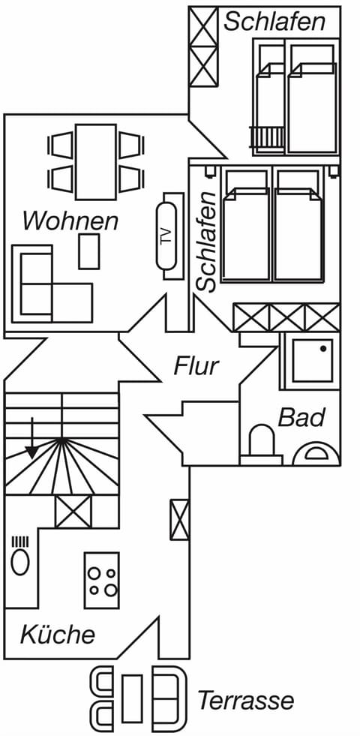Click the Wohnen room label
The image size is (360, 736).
(x=70, y=221)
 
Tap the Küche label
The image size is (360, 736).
(x=58, y=635)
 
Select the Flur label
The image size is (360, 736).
(x=196, y=366)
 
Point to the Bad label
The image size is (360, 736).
(x=301, y=417)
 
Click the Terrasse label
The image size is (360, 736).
(x=245, y=701)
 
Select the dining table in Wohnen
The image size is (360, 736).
(x=96, y=161)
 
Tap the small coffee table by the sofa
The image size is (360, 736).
(x=89, y=251)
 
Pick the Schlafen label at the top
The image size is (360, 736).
(x=274, y=21)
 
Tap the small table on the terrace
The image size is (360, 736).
(x=132, y=698)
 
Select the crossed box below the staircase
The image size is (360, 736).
(x=73, y=511)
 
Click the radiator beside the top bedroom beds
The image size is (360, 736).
(x=268, y=137)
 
